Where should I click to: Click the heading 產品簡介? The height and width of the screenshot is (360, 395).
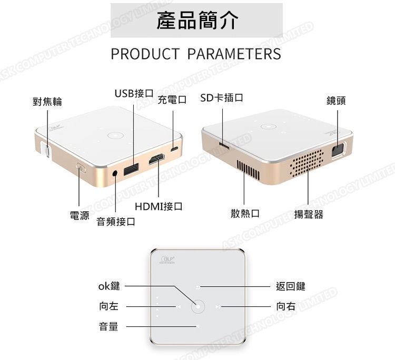tap(197, 21)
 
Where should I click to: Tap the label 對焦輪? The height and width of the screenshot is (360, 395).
tap(47, 102)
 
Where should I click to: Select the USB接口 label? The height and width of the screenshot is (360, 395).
tap(134, 93)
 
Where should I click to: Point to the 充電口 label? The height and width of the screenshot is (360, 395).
tap(172, 99)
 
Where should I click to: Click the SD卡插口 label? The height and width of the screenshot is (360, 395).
tap(222, 98)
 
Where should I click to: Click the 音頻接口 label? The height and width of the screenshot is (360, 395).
tap(116, 222)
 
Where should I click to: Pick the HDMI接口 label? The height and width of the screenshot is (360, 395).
tap(159, 206)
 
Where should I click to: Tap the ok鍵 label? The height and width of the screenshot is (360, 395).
tap(109, 286)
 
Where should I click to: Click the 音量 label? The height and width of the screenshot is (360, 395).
tap(108, 327)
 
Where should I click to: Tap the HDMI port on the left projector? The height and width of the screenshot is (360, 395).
tap(157, 160)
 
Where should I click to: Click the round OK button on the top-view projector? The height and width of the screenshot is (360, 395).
tap(197, 306)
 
